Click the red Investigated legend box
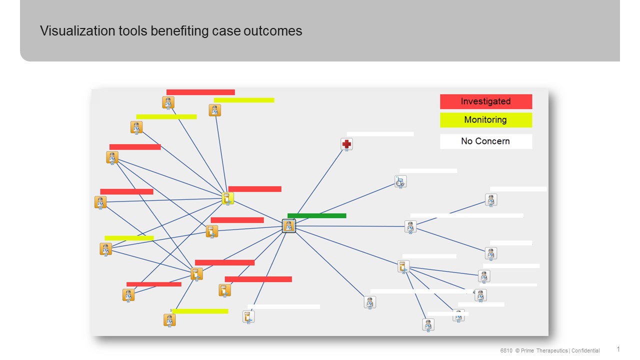485,101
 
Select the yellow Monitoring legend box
485,120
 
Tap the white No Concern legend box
485,141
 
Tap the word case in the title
226,31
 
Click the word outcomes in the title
273,31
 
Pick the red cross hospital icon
346,144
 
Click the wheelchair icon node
400,181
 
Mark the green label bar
317,215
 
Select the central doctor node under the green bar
289,226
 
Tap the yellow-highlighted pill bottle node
227,198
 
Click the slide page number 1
618,349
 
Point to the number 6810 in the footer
506,350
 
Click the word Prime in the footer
527,350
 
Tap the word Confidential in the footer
585,350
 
